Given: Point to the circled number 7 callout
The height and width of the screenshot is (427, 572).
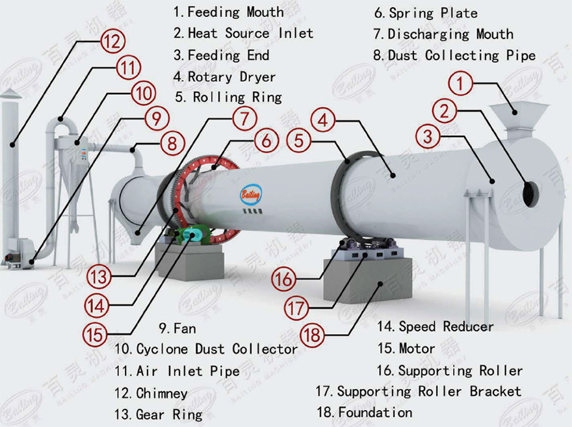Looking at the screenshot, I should point(244,119).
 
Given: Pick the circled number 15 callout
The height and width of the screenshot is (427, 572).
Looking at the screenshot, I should point(95,334).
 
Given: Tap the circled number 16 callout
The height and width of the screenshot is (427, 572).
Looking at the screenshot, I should point(283,279).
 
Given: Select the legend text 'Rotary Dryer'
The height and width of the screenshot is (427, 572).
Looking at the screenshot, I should point(231,77).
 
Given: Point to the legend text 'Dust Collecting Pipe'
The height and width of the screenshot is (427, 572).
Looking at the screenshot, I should point(461,56).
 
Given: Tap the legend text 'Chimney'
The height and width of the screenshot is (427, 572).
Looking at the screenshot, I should point(162,393).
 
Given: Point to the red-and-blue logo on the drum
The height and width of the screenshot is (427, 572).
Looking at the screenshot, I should point(250,194).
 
